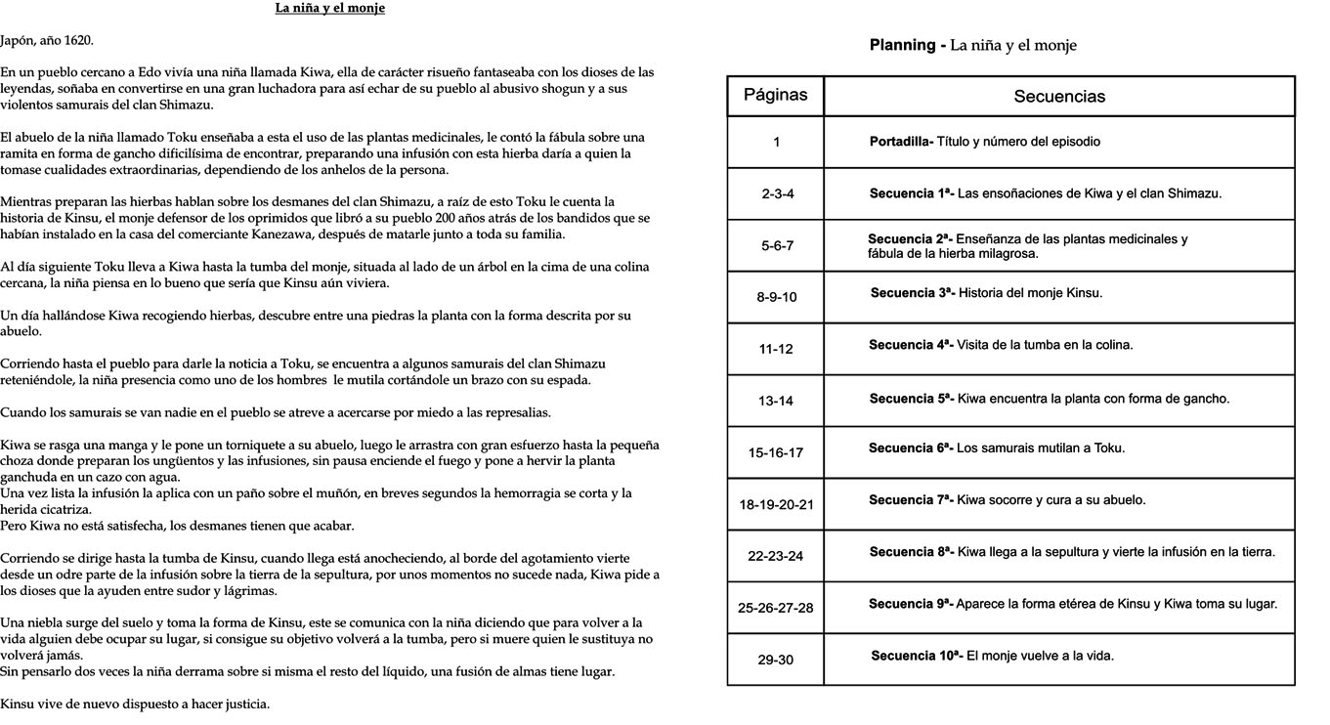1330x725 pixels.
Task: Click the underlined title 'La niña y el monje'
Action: tap(329, 9)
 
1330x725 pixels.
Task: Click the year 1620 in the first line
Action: tap(77, 40)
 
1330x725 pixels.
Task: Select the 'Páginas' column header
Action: tap(775, 95)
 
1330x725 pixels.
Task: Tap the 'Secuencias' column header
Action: tap(1059, 96)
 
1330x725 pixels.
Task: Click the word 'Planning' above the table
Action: tap(902, 45)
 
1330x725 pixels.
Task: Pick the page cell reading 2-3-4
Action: tap(777, 193)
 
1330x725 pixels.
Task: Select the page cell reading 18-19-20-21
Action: tap(776, 504)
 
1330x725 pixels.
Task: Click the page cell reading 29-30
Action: tap(775, 660)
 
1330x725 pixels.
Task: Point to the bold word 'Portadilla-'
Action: tap(901, 142)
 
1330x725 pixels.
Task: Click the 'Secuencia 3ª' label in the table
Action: tap(911, 293)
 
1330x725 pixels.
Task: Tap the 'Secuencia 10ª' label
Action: tap(916, 656)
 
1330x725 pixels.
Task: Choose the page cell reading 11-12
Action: tap(776, 349)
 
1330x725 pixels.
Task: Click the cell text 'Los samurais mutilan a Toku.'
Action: tap(1041, 448)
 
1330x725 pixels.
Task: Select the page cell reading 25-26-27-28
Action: tap(775, 608)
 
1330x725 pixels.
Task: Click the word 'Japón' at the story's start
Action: tap(19, 40)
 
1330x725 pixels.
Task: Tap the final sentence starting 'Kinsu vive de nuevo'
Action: tap(135, 704)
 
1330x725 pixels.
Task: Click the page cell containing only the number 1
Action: tap(776, 142)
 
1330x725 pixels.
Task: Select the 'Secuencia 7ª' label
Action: tap(910, 500)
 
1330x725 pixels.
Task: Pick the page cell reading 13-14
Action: tap(776, 401)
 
